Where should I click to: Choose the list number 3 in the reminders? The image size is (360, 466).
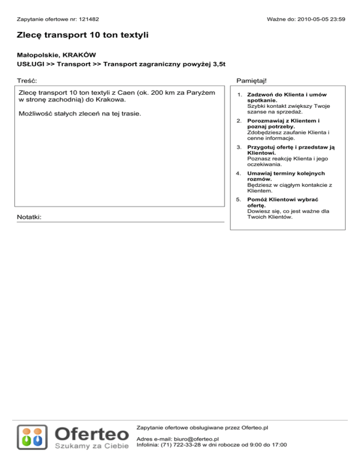239,147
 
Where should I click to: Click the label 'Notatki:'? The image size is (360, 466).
29,218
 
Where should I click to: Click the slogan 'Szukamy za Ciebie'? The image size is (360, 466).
92,445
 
